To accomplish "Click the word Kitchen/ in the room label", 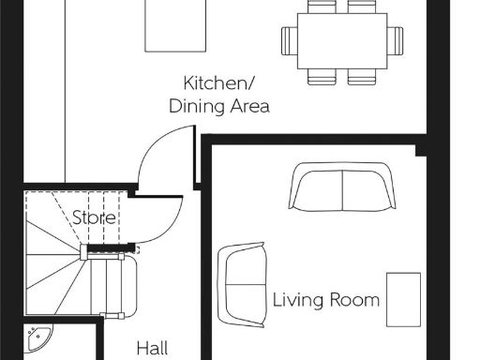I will pos(218,82).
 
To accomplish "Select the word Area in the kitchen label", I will pos(249,106).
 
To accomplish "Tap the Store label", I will pos(95,217).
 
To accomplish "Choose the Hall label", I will pos(153,348).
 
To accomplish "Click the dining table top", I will pos(343,40).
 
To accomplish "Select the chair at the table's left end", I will pos(290,40).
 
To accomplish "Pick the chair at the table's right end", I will pos(397,40).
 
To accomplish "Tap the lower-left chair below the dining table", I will pos(322,76).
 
